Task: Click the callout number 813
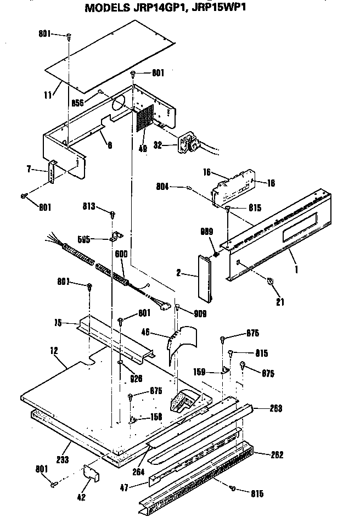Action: [x=89, y=206]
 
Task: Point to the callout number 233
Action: [x=62, y=459]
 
